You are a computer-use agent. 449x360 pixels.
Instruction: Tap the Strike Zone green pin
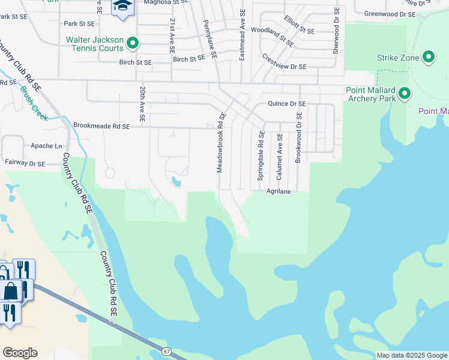(428, 58)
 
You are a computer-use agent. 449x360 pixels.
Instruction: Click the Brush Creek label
(34, 101)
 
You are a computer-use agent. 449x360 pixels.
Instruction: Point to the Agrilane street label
(279, 191)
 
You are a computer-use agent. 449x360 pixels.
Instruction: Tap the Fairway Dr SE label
(25, 163)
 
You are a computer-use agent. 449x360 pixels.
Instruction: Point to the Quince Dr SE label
(287, 104)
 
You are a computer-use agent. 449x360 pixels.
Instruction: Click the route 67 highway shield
(166, 351)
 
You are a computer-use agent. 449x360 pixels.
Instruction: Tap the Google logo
(20, 353)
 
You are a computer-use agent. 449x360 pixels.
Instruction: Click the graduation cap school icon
(122, 7)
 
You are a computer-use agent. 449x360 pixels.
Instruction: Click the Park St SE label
(79, 23)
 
